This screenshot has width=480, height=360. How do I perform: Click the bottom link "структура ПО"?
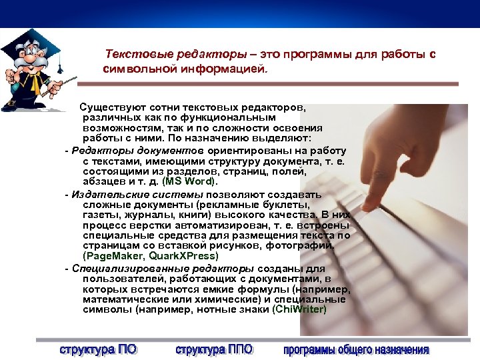[x=98, y=349]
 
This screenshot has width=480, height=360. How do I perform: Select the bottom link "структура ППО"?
[x=214, y=349]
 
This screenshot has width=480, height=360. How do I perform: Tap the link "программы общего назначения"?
[x=356, y=349]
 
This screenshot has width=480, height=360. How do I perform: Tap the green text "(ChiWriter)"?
[x=299, y=309]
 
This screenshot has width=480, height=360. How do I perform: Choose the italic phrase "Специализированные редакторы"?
[x=148, y=268]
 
